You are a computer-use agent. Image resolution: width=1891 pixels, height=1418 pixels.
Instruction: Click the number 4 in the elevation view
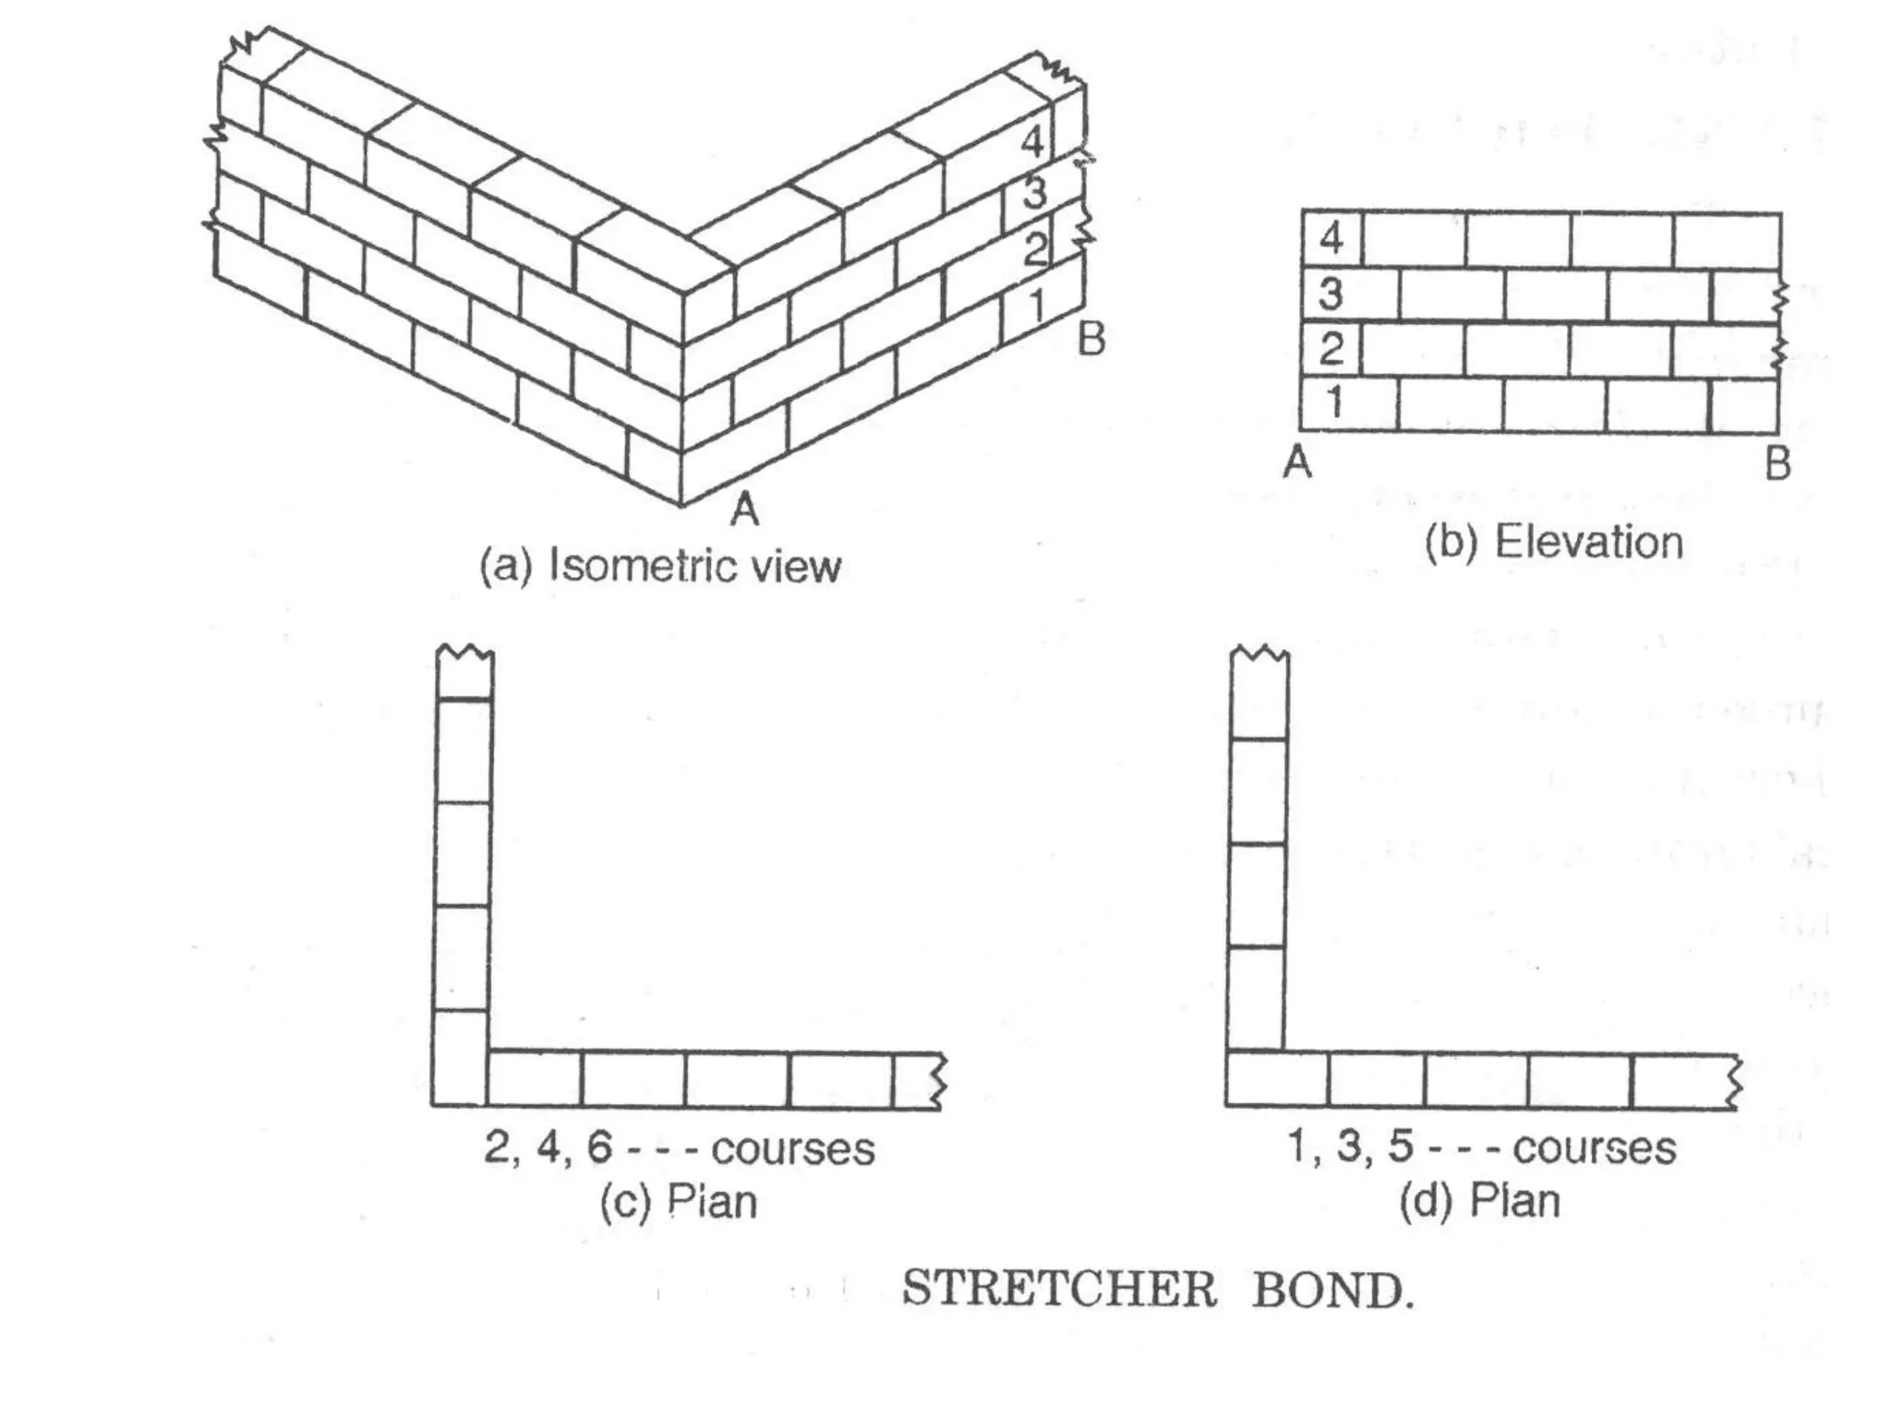pyautogui.click(x=1331, y=238)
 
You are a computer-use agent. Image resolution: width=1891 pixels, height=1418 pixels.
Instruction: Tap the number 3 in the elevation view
pyautogui.click(x=1331, y=294)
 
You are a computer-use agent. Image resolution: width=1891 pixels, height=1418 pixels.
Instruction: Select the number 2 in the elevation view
pyautogui.click(x=1331, y=349)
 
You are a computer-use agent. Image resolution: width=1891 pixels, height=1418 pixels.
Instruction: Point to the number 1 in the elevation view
pyautogui.click(x=1333, y=403)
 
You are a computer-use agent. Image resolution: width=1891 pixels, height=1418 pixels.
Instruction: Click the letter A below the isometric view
pyautogui.click(x=744, y=509)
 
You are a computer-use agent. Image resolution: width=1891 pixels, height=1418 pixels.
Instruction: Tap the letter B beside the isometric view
pyautogui.click(x=1091, y=339)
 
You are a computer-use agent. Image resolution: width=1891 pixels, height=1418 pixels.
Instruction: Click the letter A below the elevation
pyautogui.click(x=1297, y=462)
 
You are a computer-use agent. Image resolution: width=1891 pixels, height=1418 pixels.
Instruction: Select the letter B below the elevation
pyautogui.click(x=1777, y=463)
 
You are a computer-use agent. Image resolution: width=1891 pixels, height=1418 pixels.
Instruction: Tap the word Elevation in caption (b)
pyautogui.click(x=1588, y=542)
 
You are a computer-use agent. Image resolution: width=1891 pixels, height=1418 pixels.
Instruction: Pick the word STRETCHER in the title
pyautogui.click(x=1059, y=1290)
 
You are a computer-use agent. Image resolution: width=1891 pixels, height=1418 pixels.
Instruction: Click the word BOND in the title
pyautogui.click(x=1331, y=1290)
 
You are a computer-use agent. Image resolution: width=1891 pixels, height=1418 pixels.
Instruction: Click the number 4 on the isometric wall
pyautogui.click(x=1032, y=142)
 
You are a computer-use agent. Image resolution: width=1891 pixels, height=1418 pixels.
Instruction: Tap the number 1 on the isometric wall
pyautogui.click(x=1036, y=305)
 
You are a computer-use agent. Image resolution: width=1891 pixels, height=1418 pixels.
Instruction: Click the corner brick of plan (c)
pyautogui.click(x=460, y=1058)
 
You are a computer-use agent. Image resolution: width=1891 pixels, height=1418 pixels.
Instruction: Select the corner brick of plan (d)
pyautogui.click(x=1277, y=1079)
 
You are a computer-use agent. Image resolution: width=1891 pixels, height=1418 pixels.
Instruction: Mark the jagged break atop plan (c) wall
pyautogui.click(x=464, y=653)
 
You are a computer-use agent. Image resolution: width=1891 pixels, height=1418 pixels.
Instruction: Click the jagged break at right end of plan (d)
pyautogui.click(x=1734, y=1082)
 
